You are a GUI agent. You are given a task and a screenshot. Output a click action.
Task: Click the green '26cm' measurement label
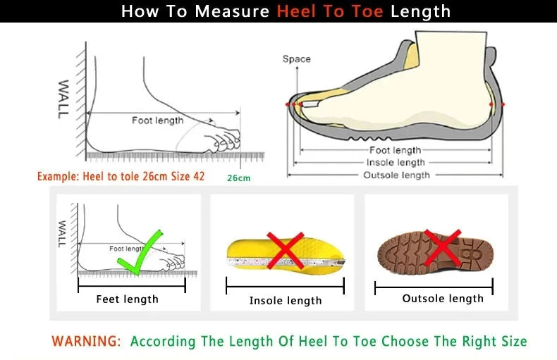[x=238, y=178]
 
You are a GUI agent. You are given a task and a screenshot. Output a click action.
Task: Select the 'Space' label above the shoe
[x=296, y=59]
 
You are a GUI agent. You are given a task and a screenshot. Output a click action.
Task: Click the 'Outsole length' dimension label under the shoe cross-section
[x=396, y=175]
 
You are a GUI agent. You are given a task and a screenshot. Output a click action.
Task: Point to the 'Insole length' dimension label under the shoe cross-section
[x=396, y=163]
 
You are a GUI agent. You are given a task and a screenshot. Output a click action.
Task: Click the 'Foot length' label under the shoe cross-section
[x=396, y=150]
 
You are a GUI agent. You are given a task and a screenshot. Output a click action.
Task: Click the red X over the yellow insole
[x=285, y=250]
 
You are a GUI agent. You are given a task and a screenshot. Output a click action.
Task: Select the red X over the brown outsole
[x=441, y=247]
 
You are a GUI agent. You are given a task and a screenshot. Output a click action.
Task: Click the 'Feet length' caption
[x=127, y=299]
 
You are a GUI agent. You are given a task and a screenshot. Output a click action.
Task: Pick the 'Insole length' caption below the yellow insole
[x=286, y=301]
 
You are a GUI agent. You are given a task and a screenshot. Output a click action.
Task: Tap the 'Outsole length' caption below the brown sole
[x=443, y=299]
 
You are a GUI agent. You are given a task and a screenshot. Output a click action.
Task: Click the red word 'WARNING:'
[x=86, y=342]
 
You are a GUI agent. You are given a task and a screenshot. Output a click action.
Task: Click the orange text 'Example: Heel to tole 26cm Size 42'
[x=121, y=176]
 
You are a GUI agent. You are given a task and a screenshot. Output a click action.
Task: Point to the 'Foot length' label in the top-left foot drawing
[x=157, y=120]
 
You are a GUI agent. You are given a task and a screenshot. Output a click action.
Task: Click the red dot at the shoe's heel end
[x=502, y=104]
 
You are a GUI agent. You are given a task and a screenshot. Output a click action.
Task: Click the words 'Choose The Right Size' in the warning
[x=454, y=342]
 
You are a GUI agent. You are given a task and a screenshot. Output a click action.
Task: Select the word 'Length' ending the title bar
[x=420, y=11]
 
